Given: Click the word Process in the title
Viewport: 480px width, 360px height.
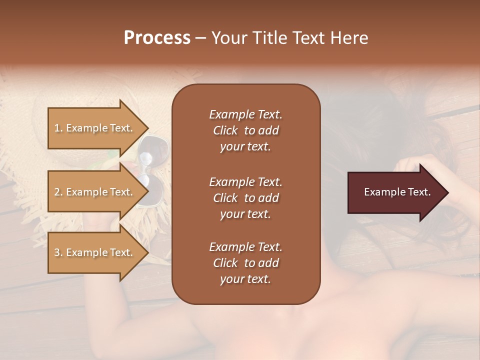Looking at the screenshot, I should (157, 38).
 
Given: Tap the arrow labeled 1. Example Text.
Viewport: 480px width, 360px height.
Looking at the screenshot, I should (95, 128).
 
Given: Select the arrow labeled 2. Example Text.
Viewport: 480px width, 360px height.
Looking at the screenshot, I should (95, 192).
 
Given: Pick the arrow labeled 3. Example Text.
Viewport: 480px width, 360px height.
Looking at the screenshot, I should (95, 252).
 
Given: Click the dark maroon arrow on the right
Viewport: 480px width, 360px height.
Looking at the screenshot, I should (395, 192).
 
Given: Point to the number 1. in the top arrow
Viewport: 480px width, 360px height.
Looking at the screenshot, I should (58, 128).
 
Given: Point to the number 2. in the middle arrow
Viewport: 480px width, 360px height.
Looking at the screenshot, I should (58, 192).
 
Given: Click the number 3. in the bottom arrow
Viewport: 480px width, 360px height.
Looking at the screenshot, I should (58, 252).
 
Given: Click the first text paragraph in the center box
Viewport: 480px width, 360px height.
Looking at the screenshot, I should (245, 130).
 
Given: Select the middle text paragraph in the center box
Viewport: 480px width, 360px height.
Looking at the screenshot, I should (245, 198).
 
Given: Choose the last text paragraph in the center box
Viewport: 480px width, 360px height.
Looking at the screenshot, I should (245, 263).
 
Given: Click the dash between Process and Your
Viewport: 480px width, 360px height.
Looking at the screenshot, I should (201, 38).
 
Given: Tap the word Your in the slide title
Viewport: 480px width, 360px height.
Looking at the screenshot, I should (228, 38).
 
